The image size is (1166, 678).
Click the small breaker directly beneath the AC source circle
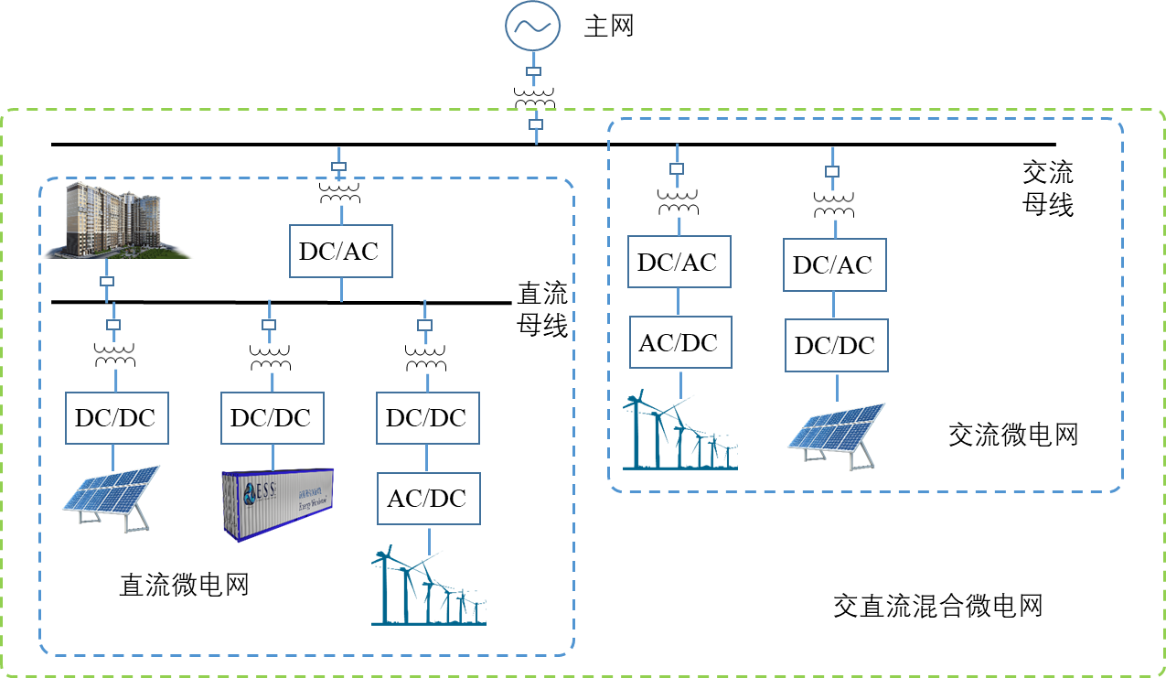coord(534,71)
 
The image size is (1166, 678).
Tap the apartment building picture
coord(115,221)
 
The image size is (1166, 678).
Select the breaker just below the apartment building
coord(106,281)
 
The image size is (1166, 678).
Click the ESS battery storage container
coord(278,502)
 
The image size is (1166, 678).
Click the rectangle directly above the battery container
coord(273,418)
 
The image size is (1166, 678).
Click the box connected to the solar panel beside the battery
coord(117,418)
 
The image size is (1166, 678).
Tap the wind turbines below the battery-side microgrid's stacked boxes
coord(428,586)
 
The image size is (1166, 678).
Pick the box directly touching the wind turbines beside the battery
coord(429,499)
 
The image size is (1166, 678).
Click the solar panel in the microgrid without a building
coord(836,435)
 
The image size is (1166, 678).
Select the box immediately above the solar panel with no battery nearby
coord(837,345)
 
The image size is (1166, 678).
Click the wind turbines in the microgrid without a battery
coord(679,432)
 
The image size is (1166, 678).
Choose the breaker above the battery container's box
coord(269,325)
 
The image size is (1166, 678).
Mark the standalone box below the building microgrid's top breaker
coord(341,251)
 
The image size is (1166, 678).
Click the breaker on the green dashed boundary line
coord(536,124)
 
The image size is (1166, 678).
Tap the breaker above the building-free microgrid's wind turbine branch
coord(677,168)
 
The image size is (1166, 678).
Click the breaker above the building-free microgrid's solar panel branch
coord(832,171)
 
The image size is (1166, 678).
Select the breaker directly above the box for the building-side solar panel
coord(113,325)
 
